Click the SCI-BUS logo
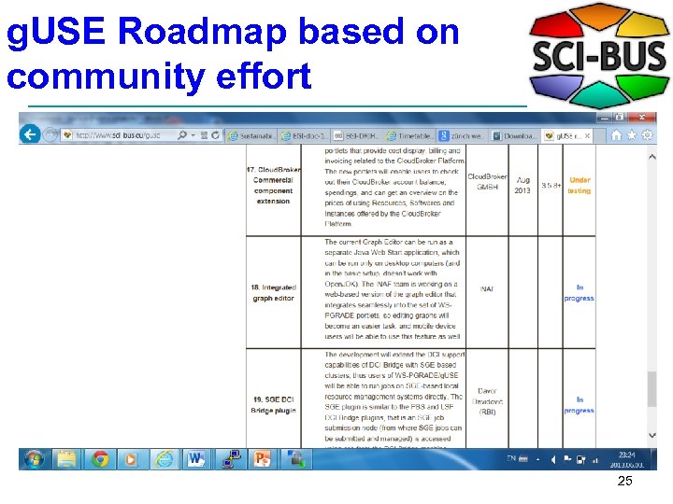point(598,56)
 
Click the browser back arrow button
point(30,134)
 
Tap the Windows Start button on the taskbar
point(35,459)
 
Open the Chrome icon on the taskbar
point(99,459)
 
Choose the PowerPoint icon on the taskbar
point(263,459)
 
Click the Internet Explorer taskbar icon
point(165,459)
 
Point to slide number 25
point(625,482)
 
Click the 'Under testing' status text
point(580,185)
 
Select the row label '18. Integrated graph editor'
point(273,293)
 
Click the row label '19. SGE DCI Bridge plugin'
point(273,404)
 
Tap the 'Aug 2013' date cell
point(523,185)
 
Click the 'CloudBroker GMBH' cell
point(487,181)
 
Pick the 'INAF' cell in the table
point(487,288)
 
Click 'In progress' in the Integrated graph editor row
point(580,293)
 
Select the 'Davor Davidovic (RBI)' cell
point(487,401)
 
